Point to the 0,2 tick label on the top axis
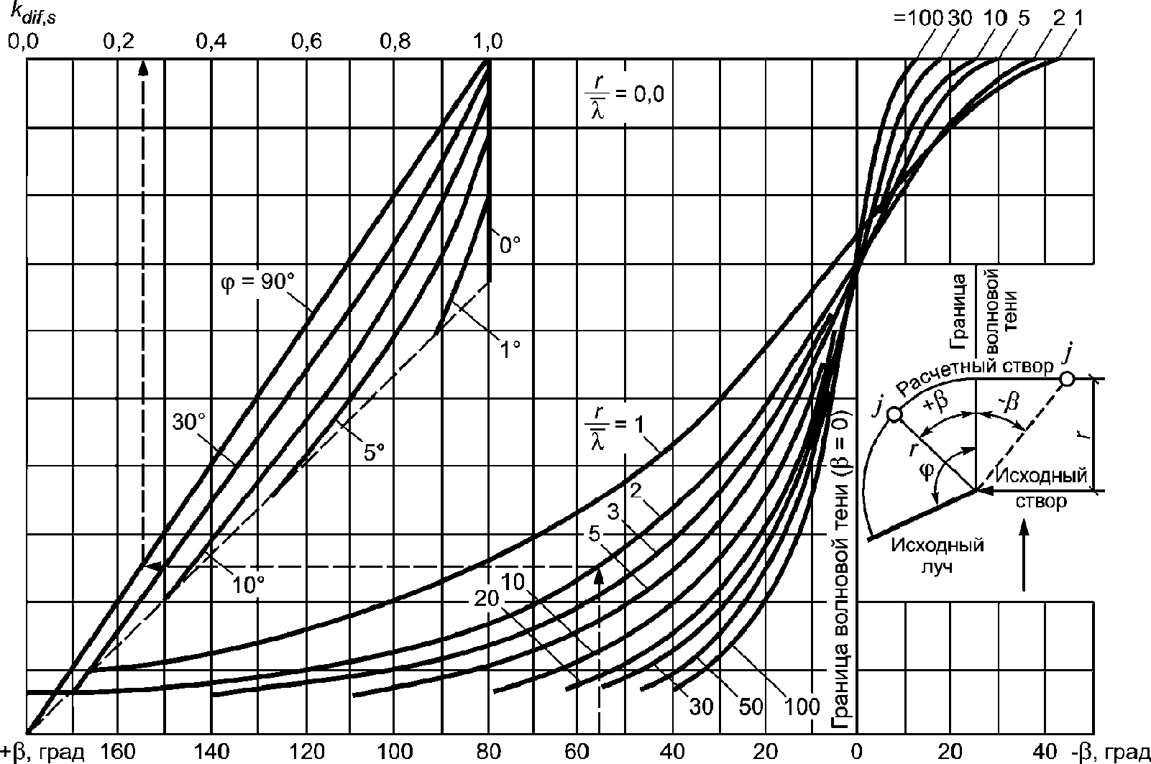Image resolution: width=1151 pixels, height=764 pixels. coord(119,42)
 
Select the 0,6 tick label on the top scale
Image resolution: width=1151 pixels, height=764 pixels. coord(306,42)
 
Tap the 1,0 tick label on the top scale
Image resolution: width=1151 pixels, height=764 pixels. coord(487,42)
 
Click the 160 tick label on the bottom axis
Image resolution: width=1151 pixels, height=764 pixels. coord(118,752)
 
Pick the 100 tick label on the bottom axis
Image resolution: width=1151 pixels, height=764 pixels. coord(395,752)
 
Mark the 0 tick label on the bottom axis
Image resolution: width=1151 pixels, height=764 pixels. coord(856,752)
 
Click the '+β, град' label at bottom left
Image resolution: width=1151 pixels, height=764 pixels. coord(42,753)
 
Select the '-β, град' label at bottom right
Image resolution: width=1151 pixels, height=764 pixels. coord(1111,753)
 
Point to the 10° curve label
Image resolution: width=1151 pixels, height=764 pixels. coord(248,584)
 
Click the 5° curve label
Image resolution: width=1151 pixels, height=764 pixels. coord(374,452)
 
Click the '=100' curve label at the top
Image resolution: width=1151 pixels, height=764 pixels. coord(918,19)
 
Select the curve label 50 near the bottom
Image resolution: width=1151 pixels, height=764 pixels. coord(751,707)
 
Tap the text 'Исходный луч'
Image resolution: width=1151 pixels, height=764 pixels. coord(937,556)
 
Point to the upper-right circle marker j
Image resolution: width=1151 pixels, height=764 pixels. coord(1067,379)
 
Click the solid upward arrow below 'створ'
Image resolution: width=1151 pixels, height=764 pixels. coord(1024,556)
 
